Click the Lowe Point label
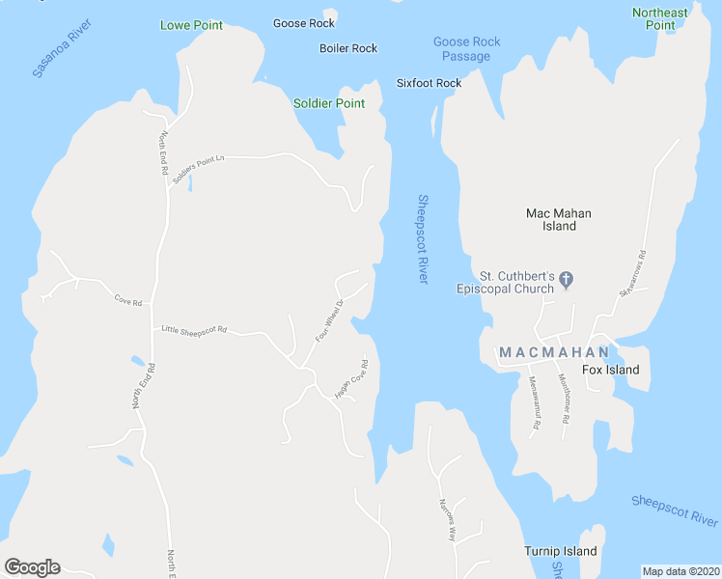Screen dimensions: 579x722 [x=191, y=25]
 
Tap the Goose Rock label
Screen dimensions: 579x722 [x=303, y=23]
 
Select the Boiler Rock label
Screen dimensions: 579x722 [x=348, y=48]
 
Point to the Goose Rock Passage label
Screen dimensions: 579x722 [x=466, y=49]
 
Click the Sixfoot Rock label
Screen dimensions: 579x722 [x=429, y=83]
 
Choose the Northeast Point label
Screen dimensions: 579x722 [x=660, y=18]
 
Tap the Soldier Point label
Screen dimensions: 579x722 [x=329, y=103]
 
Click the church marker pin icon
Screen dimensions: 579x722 [x=567, y=281]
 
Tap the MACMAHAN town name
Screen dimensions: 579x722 [x=554, y=352]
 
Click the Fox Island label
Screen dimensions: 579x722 [x=610, y=370]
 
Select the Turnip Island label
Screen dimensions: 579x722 [x=561, y=551]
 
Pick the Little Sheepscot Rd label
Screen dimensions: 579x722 [x=194, y=330]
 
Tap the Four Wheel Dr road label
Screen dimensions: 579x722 [x=329, y=322]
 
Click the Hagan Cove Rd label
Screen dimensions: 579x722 [x=351, y=380]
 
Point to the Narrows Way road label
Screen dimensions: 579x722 [x=446, y=519]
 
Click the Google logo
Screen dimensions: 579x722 [x=32, y=567]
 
